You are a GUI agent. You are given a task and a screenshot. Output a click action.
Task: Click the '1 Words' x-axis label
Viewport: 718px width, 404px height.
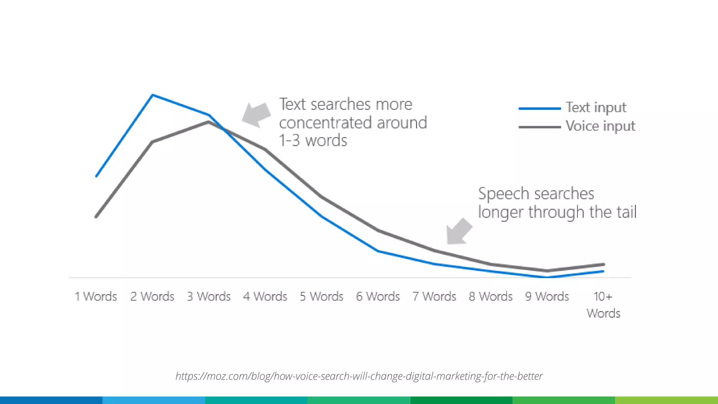(96, 297)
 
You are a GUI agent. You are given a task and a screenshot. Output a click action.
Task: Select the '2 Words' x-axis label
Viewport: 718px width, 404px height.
(152, 297)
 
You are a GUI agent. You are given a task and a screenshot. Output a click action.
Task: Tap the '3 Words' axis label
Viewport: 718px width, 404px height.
(209, 297)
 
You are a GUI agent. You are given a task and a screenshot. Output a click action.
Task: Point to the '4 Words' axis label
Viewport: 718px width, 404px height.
(265, 297)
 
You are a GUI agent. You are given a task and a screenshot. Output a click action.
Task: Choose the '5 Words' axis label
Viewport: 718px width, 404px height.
(321, 297)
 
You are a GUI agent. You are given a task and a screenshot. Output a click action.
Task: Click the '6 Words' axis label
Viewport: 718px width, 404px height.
(378, 297)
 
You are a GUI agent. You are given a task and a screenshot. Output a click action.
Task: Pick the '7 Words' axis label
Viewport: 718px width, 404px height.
(434, 297)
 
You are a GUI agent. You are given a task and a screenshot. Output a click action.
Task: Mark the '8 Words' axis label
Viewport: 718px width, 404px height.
(491, 297)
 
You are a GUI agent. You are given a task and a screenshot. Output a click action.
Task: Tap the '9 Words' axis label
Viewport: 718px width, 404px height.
(547, 297)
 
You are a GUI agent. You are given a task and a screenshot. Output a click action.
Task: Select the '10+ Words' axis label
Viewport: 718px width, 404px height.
(603, 305)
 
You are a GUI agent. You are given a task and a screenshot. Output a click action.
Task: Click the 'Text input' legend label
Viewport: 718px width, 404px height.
(596, 108)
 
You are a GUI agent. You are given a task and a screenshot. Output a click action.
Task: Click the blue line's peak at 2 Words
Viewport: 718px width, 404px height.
(153, 95)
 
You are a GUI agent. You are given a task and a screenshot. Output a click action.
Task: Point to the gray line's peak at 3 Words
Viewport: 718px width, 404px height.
(209, 122)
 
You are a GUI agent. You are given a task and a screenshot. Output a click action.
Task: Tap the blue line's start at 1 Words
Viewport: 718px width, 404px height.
(96, 176)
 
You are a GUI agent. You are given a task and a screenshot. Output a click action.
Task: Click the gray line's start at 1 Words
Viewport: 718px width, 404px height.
(96, 217)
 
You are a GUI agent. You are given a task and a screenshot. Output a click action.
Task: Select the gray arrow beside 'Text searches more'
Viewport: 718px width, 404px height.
(257, 114)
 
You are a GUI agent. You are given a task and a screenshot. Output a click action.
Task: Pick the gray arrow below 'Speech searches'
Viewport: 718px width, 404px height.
(458, 231)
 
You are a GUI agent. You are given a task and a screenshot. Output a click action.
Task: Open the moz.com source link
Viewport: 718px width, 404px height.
(359, 376)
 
